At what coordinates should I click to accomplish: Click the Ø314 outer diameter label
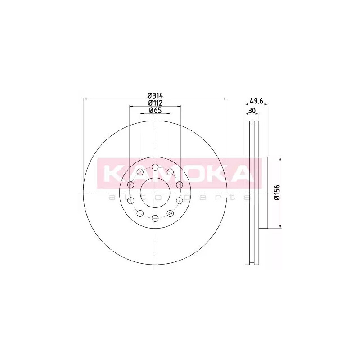(x=155, y=95)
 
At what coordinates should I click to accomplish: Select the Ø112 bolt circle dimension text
(x=155, y=103)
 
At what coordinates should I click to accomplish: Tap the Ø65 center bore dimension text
(x=155, y=110)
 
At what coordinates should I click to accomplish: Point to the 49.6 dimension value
(x=256, y=100)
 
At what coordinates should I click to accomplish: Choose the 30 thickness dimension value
(x=252, y=111)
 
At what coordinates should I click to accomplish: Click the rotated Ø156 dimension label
(x=278, y=193)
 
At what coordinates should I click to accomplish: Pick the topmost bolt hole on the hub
(x=155, y=167)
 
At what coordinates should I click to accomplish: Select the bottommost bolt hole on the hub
(x=155, y=218)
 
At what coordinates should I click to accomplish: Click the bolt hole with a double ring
(x=170, y=213)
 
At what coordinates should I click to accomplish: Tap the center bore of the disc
(x=155, y=193)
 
